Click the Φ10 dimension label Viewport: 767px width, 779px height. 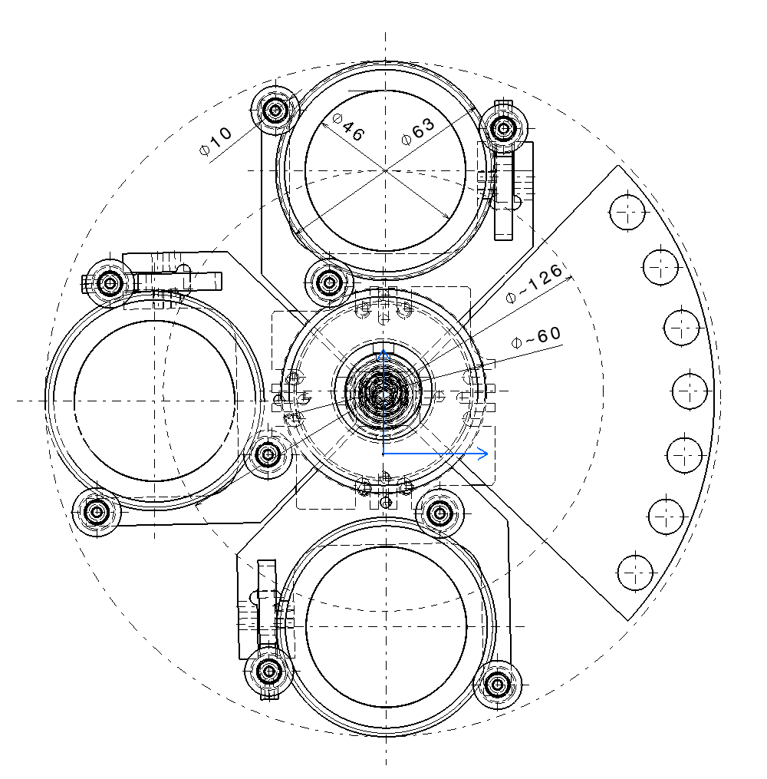point(216,141)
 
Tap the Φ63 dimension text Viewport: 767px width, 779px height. point(418,132)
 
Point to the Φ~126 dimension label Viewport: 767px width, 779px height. point(534,282)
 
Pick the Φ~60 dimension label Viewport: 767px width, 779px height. point(536,337)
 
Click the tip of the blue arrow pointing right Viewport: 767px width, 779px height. point(488,453)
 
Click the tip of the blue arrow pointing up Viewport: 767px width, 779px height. point(383,350)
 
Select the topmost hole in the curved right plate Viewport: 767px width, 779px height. point(627,212)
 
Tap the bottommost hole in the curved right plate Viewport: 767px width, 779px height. point(635,573)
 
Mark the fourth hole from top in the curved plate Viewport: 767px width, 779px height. point(690,391)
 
